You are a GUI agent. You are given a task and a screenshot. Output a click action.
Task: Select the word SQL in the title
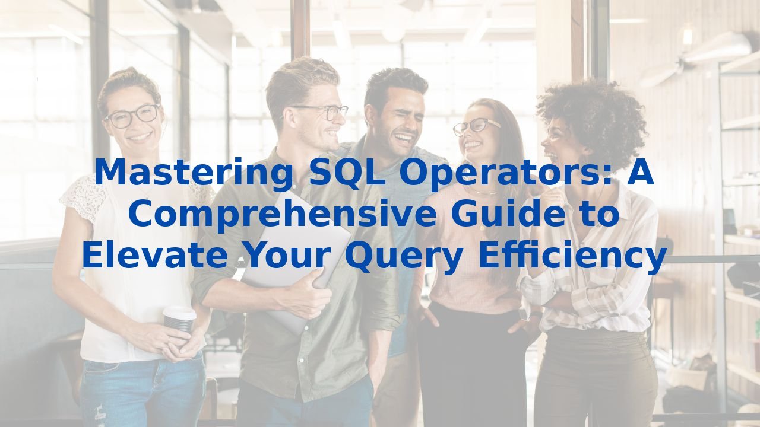pos(347,173)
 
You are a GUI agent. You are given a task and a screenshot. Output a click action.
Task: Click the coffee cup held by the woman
pos(179,320)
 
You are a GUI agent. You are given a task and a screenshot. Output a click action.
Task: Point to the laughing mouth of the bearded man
pos(404,138)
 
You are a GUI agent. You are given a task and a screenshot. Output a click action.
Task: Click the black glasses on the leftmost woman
pos(132,116)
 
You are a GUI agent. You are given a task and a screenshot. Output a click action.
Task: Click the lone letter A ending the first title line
pos(640,172)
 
